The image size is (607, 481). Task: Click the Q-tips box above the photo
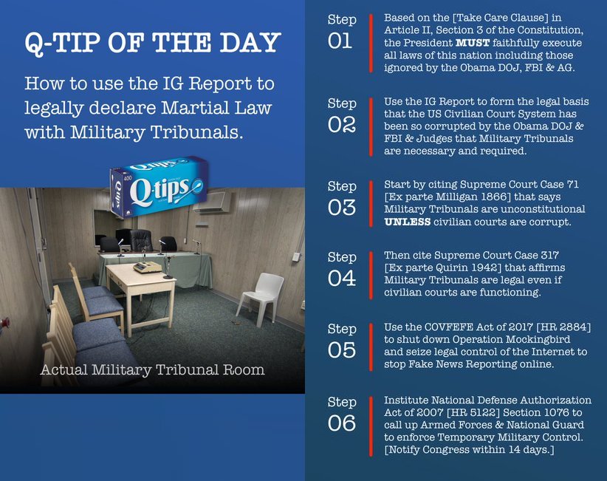tap(159, 186)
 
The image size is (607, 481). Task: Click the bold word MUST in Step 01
tap(473, 43)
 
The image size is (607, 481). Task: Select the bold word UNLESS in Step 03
tap(407, 222)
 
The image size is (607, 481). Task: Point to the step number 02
tap(341, 125)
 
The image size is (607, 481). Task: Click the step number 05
tap(341, 350)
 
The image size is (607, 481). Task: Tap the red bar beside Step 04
tap(371, 275)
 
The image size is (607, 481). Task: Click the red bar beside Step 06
tap(371, 426)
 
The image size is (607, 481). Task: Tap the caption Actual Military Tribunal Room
tap(153, 370)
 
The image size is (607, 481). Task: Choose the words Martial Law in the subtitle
tap(216, 108)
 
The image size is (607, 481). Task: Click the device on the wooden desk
tap(147, 267)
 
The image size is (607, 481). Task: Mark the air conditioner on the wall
tap(212, 202)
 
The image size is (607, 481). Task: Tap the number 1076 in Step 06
tap(555, 412)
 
